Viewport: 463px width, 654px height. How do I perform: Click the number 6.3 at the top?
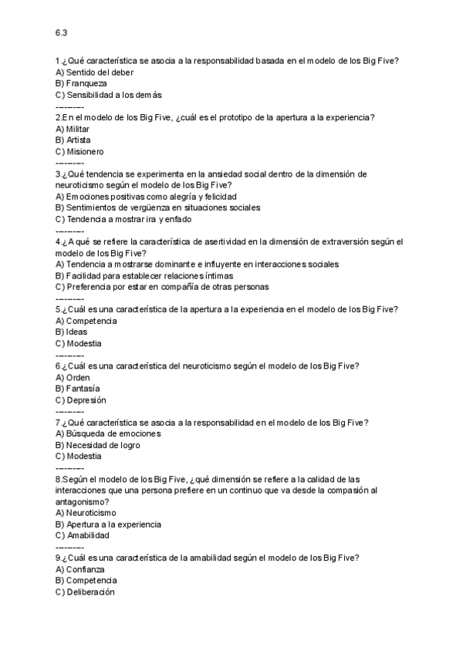coord(61,33)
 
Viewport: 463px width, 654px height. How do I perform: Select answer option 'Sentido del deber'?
coord(94,72)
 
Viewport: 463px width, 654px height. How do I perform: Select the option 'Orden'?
coord(77,377)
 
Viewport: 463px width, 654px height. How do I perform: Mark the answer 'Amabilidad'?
coord(87,535)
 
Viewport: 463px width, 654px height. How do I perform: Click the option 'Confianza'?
coord(85,569)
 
